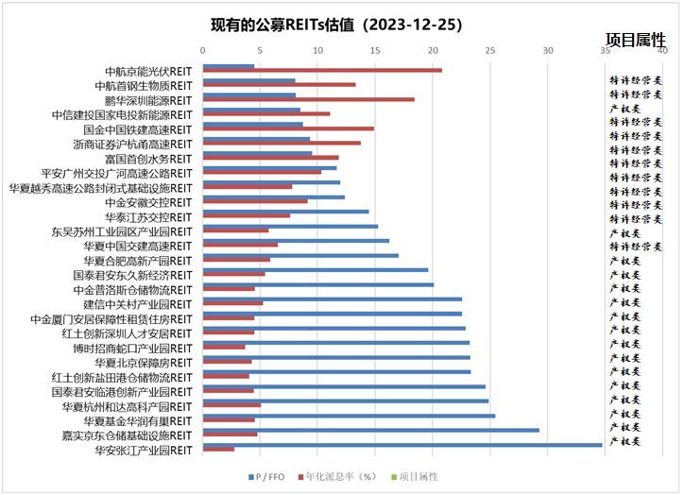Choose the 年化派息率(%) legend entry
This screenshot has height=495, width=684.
pos(341,477)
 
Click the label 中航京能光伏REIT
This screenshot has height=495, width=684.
pos(148,71)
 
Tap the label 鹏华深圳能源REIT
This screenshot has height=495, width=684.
pos(148,100)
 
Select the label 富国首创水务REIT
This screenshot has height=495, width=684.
pos(148,159)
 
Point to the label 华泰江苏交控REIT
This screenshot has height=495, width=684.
pos(148,216)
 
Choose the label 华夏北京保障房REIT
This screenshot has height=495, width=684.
pos(144,363)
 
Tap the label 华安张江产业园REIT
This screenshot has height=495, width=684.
pos(144,451)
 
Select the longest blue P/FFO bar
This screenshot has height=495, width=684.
pos(402,444)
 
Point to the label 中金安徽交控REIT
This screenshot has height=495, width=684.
pos(148,202)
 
